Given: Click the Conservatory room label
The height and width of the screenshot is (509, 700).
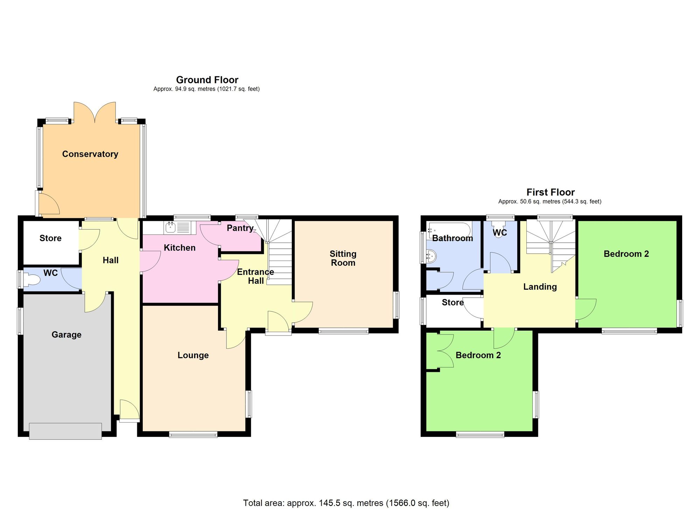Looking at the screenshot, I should click(90, 154).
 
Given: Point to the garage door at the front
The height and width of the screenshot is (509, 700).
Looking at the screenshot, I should click(65, 431).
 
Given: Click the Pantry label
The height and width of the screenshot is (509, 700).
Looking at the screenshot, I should click(240, 228).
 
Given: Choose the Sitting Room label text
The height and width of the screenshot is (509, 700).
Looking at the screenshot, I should click(343, 258).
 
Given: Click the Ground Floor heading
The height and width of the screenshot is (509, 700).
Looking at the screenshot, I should click(207, 80).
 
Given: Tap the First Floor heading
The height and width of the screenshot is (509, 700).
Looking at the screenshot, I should click(550, 192).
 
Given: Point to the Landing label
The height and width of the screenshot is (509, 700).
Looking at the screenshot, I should click(540, 287).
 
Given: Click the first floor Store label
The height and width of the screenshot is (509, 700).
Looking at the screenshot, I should click(453, 302).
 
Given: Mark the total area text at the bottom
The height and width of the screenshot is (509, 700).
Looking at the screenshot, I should click(346, 503).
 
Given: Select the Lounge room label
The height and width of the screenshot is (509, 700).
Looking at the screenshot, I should click(193, 355).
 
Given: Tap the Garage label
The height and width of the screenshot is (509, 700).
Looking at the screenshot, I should click(66, 334).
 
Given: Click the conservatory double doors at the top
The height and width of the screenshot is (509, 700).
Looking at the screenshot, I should click(95, 112).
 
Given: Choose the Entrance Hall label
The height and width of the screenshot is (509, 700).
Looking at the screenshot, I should click(255, 276).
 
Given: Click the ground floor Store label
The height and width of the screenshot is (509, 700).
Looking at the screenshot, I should click(50, 238).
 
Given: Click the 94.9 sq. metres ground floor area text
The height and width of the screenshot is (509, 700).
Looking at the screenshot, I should click(206, 89).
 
